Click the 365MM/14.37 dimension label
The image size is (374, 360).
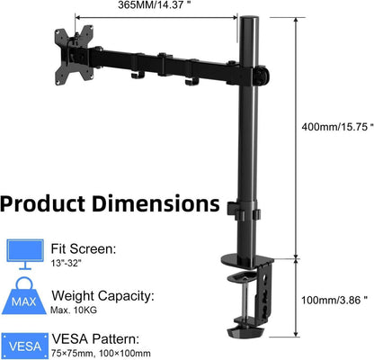155,5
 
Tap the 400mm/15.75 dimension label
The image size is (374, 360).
337,127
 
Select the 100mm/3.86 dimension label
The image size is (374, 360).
334,300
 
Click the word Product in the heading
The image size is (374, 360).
43,205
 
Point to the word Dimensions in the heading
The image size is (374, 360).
156,203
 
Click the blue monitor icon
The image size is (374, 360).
25,254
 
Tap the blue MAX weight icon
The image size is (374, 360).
24,297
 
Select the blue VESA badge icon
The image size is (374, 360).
25,346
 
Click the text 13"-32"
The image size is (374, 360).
67,263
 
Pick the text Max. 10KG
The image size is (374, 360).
74,310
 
